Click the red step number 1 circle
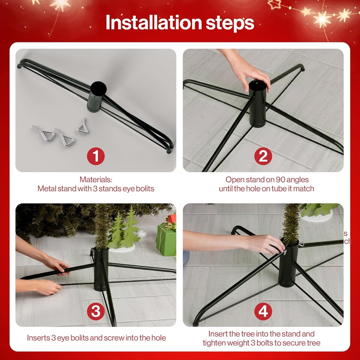pyautogui.click(x=96, y=156)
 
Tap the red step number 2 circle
pyautogui.click(x=263, y=156)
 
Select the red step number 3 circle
pyautogui.click(x=96, y=312)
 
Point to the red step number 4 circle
pyautogui.click(x=263, y=312)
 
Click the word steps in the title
pyautogui.click(x=229, y=23)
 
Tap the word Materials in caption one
pyautogui.click(x=96, y=180)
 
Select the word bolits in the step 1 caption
pyautogui.click(x=144, y=189)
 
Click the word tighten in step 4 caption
pyautogui.click(x=215, y=343)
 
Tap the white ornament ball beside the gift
pyautogui.click(x=142, y=235)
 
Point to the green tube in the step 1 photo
pyautogui.click(x=97, y=96)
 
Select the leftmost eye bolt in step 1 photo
pyautogui.click(x=44, y=133)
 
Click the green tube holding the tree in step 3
pyautogui.click(x=100, y=269)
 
